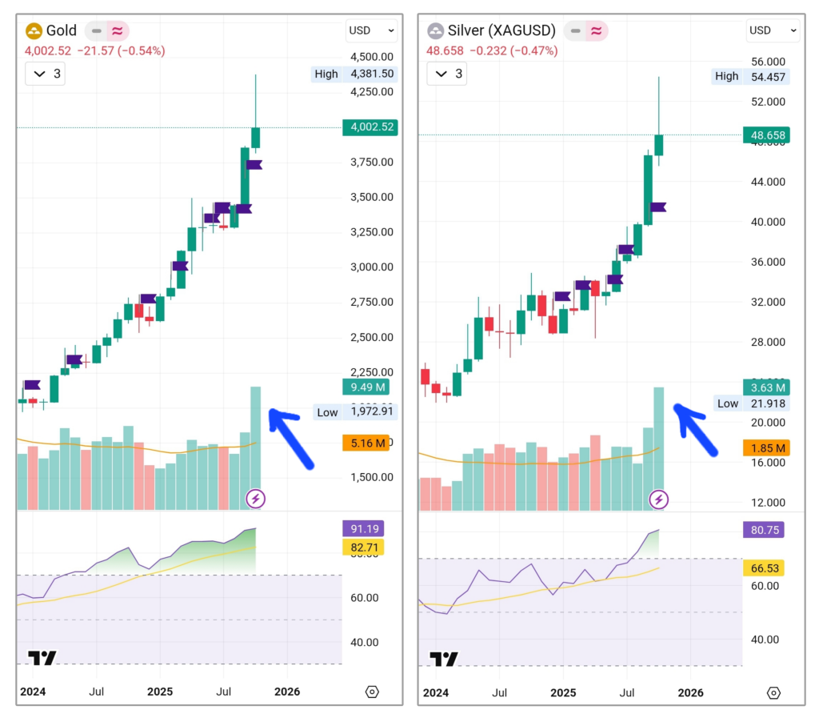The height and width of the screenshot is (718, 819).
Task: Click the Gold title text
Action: pos(61,31)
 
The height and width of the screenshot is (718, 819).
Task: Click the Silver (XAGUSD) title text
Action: pos(502,31)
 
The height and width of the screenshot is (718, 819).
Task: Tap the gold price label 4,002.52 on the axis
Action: pos(369,127)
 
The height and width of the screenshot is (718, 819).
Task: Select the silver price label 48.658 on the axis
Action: pos(766,135)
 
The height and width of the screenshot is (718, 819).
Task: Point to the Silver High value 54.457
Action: pos(766,76)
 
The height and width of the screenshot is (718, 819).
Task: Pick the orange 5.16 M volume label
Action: pos(368,443)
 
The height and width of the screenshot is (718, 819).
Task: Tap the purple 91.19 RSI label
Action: pos(362,529)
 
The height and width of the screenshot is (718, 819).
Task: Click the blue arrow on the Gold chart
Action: pos(291,435)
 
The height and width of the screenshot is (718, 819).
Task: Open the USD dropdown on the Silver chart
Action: pos(773,30)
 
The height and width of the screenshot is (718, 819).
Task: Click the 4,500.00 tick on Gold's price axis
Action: pos(370,57)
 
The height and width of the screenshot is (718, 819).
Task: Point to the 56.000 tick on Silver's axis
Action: pos(767,62)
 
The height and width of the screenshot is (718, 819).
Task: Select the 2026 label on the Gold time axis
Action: pos(286,692)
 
